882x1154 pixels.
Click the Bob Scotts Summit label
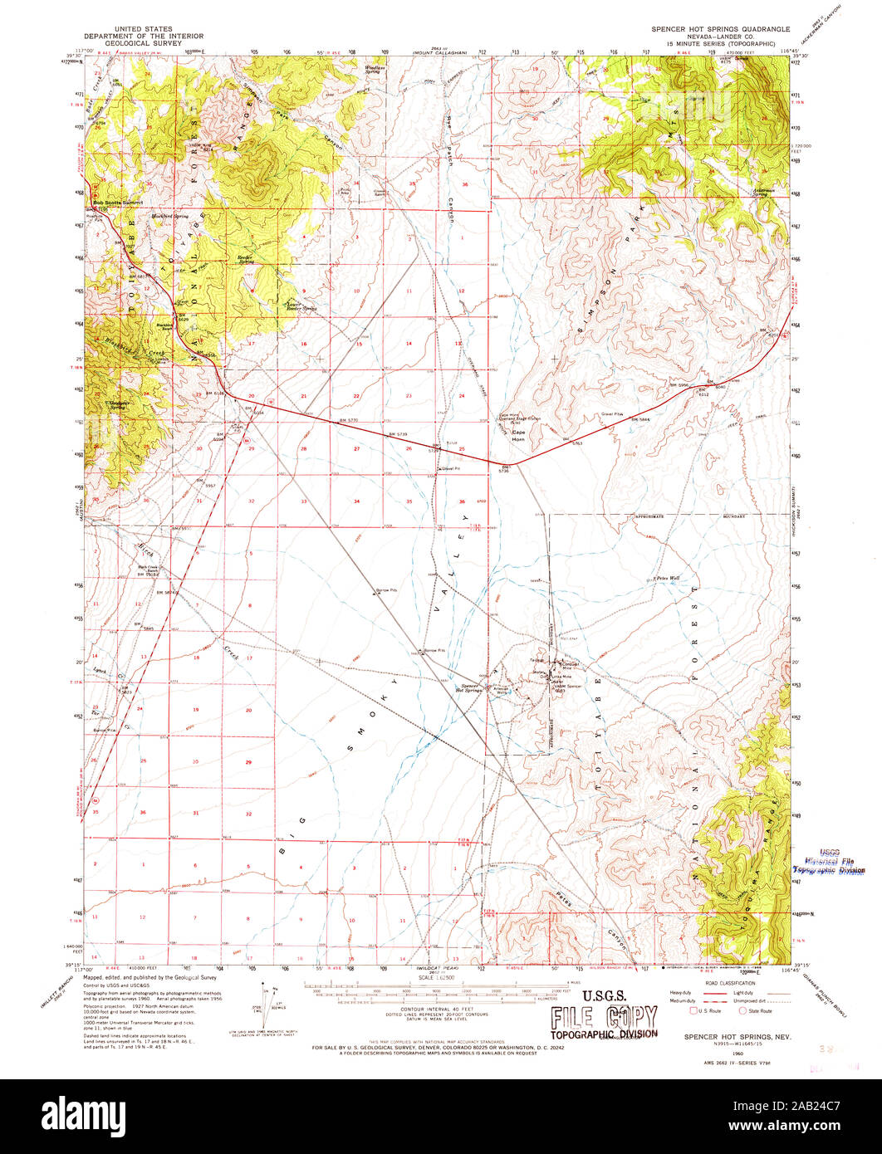[119, 202]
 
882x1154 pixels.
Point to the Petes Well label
[667, 578]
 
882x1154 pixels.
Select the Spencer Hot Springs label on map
[469, 687]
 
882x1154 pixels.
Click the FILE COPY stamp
[603, 1017]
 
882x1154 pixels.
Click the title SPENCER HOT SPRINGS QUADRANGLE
[720, 28]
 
